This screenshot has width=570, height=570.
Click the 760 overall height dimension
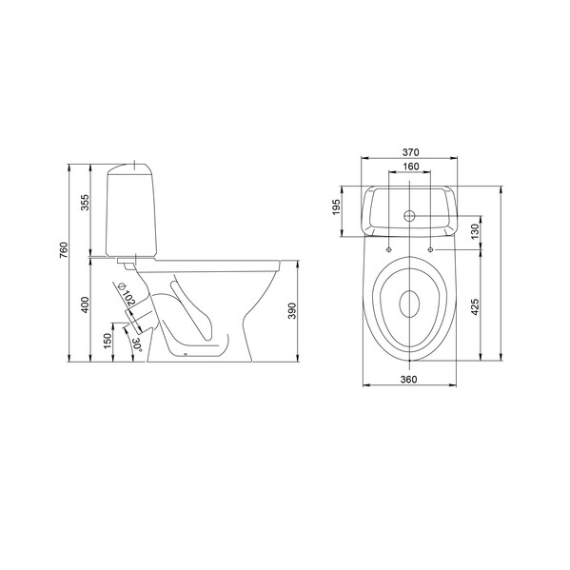pyautogui.click(x=64, y=250)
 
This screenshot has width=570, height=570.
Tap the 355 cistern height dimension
pyautogui.click(x=85, y=202)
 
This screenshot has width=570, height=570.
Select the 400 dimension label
pyautogui.click(x=85, y=305)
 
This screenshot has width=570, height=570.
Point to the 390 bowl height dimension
pyautogui.click(x=292, y=311)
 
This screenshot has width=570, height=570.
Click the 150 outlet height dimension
pyautogui.click(x=108, y=341)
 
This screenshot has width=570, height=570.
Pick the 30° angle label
pyautogui.click(x=137, y=344)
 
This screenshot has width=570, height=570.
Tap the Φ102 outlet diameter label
pyautogui.click(x=127, y=293)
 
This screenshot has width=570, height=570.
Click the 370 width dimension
pyautogui.click(x=410, y=152)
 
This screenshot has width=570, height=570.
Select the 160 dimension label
pyautogui.click(x=411, y=167)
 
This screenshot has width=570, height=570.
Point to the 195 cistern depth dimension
pyautogui.click(x=337, y=206)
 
